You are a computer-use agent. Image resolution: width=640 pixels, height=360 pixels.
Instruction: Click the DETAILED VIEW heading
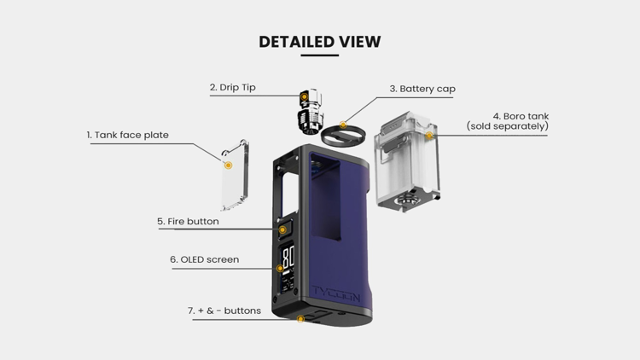coord(320,42)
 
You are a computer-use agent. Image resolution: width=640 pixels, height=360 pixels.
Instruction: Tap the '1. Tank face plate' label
coord(127,135)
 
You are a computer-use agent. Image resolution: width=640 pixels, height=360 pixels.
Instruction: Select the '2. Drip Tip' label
coord(233,87)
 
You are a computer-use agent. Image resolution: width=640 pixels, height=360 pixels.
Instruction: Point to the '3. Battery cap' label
coord(422,89)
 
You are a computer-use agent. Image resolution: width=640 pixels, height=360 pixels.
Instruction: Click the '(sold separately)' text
coord(508,126)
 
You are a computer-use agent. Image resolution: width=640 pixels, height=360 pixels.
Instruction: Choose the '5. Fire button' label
coord(189,221)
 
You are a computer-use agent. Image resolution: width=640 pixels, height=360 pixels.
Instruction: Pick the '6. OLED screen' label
coord(205,259)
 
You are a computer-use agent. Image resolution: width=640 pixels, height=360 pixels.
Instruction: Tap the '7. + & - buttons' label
coord(224,311)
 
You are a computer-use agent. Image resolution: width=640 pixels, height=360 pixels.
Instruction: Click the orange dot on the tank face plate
coord(229,165)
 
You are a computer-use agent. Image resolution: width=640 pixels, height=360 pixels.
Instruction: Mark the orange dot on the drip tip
coord(304,96)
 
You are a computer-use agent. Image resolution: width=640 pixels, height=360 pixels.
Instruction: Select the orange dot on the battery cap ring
coord(343,125)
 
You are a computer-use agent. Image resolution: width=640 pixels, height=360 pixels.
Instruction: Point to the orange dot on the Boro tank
coord(429,135)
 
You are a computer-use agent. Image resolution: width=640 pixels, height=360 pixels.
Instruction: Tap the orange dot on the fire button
coord(282,230)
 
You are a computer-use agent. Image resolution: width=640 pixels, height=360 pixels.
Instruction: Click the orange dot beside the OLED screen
coord(280,269)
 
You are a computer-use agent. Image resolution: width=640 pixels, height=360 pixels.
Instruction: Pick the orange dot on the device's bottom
coord(301,319)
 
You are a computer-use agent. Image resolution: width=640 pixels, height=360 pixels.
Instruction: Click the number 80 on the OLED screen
coord(288,257)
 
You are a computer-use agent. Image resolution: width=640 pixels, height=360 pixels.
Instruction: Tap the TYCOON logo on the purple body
coord(336,293)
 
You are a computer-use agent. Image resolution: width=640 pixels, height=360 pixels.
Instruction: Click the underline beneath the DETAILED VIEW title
coord(320,55)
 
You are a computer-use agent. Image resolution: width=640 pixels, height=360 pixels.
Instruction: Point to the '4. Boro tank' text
coord(521,116)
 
